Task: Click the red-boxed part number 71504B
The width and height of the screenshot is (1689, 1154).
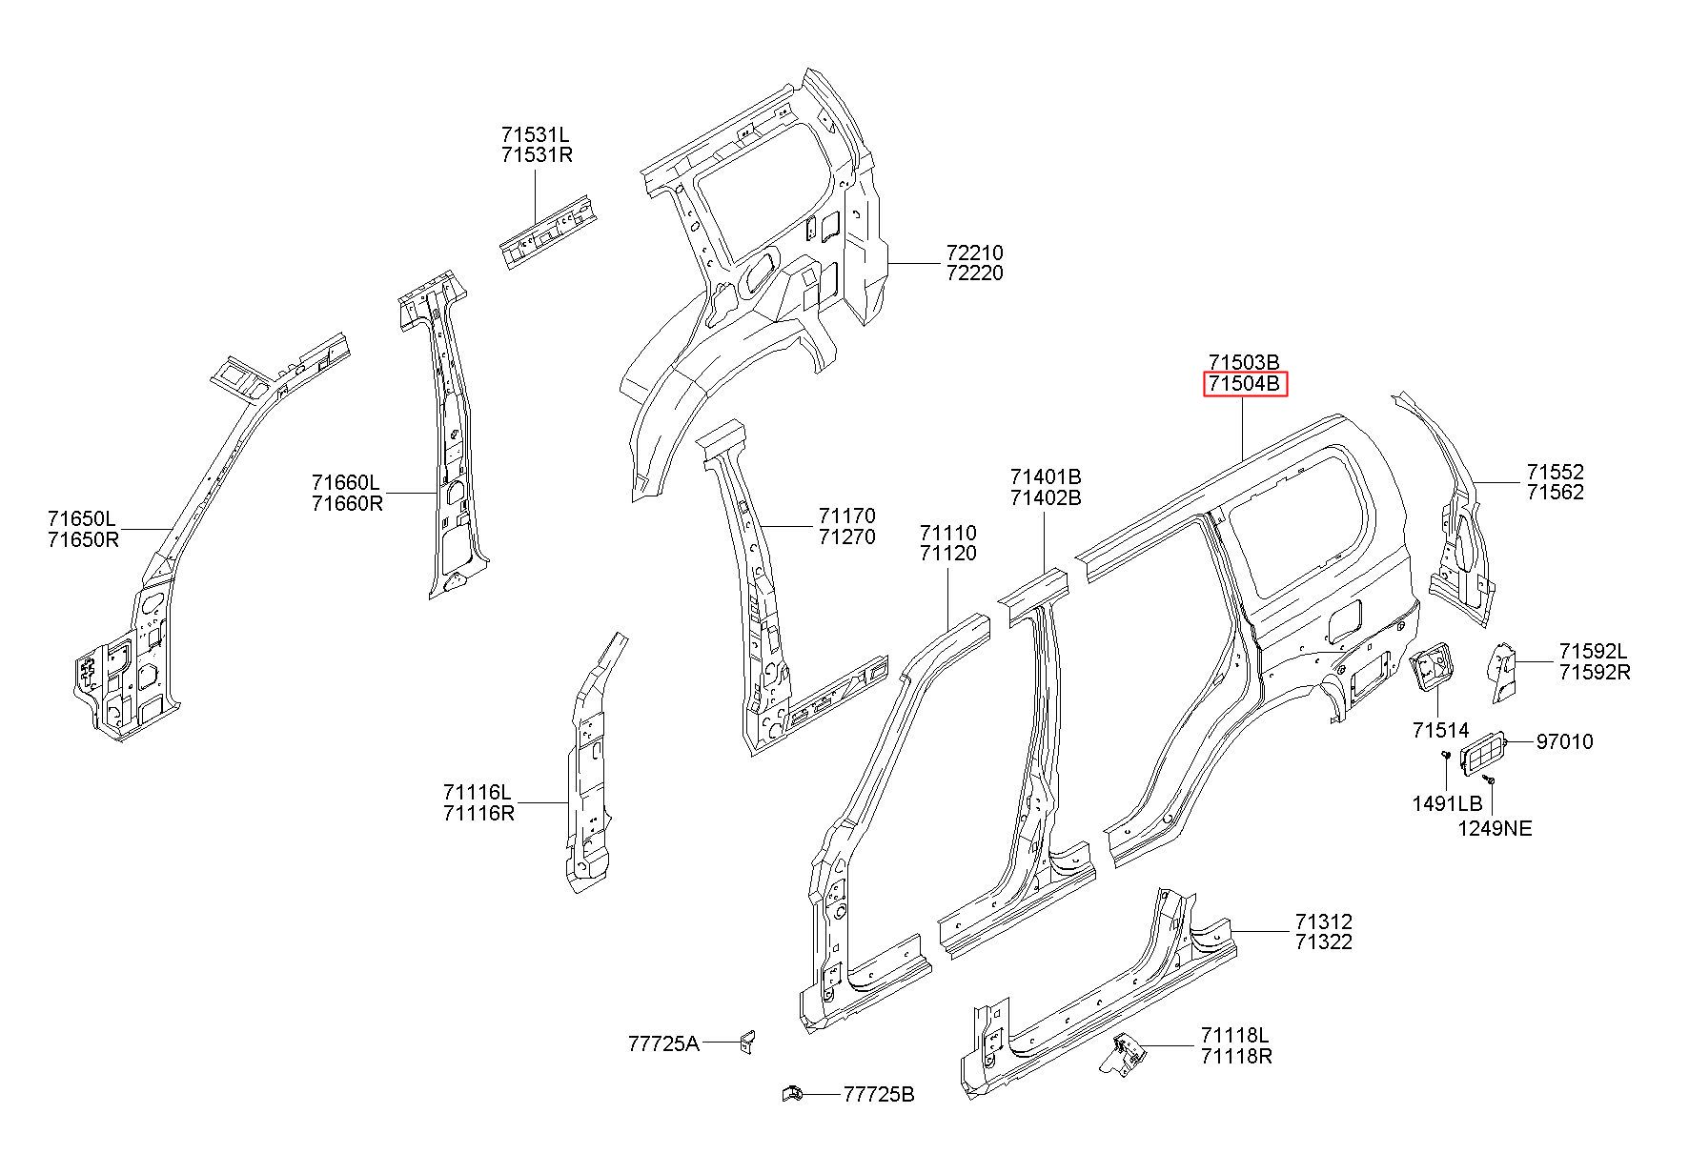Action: click(x=1245, y=384)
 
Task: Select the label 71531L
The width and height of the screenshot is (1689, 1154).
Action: click(x=537, y=134)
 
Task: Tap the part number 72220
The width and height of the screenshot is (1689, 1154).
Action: click(x=975, y=273)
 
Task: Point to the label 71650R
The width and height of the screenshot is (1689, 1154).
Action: click(x=83, y=540)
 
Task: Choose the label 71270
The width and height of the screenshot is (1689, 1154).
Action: click(x=846, y=537)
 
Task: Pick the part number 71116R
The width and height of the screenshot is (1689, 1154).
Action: click(x=478, y=813)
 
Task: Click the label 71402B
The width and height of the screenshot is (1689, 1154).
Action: click(x=1046, y=497)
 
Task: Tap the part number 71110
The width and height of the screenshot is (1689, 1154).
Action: click(x=947, y=533)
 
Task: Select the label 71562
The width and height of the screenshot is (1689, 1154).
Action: click(x=1556, y=493)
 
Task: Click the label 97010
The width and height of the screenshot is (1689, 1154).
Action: click(x=1564, y=741)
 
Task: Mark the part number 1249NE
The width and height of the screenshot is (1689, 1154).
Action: click(x=1495, y=829)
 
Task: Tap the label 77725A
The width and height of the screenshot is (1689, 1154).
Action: click(x=663, y=1044)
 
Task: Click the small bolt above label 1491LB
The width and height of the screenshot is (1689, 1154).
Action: click(x=1445, y=756)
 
